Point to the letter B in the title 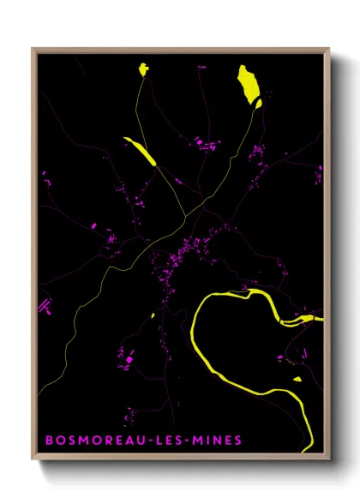pyautogui.click(x=48, y=441)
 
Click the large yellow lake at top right pyautogui.click(x=248, y=84)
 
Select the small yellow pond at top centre pyautogui.click(x=142, y=70)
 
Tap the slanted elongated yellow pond pyautogui.click(x=140, y=149)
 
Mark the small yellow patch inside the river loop pyautogui.click(x=297, y=378)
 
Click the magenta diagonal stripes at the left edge pyautogui.click(x=44, y=305)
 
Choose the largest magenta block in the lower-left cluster pyautogui.click(x=129, y=361)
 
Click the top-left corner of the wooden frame pyautogui.click(x=33, y=50)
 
